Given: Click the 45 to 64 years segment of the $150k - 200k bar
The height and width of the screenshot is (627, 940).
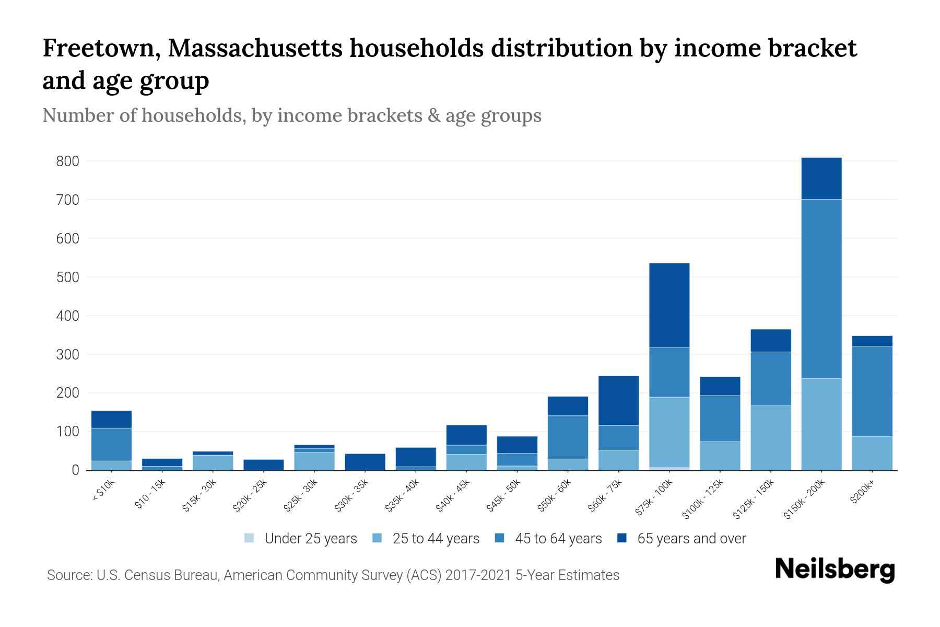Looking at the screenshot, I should coord(821,288).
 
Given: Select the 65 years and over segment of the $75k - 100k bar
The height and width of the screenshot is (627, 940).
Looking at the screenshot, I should coord(669,305).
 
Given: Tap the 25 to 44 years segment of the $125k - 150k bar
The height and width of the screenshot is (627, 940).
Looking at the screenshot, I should coord(771,438).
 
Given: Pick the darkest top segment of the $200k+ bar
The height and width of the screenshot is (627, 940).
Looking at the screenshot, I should coord(872,341).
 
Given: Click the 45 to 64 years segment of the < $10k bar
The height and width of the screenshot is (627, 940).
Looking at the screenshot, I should coord(111,444).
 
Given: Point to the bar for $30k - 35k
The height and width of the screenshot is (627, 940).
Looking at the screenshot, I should coord(365,462).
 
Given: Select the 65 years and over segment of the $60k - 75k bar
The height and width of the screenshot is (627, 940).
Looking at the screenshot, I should coord(618,401).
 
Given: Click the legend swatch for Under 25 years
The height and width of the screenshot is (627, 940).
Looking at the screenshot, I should coord(250,538).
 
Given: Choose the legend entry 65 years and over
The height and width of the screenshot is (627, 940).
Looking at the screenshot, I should coord(691,539).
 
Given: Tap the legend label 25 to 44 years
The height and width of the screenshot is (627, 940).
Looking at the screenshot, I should coord(436,539).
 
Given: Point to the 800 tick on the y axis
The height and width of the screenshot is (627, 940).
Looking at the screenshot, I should coord(68,161).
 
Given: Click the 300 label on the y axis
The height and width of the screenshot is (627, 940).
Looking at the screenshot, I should coord(68,355).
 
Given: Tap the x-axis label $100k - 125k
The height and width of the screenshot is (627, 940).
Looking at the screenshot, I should coord(703,499).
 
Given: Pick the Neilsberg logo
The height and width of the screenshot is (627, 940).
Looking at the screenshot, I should coord(835,570).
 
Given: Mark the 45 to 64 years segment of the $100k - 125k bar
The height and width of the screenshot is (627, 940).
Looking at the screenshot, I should coord(720,419).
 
